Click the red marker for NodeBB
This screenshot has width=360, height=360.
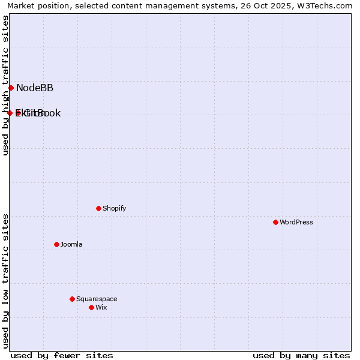click(x=11, y=88)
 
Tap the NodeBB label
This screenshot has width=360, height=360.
click(x=35, y=88)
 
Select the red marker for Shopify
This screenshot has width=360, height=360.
click(x=98, y=208)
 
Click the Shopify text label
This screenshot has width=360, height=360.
click(x=114, y=208)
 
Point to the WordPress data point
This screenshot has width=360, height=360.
click(x=275, y=222)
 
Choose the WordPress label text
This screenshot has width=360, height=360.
click(x=296, y=222)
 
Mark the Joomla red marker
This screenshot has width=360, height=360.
click(x=56, y=244)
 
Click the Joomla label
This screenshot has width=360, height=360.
click(x=71, y=244)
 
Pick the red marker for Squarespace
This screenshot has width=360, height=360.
click(x=72, y=299)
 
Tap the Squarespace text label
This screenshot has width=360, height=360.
click(x=97, y=299)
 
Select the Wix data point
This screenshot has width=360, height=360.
click(x=91, y=307)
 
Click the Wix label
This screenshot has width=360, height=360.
click(x=101, y=307)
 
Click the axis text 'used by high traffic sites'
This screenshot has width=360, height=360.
click(x=6, y=85)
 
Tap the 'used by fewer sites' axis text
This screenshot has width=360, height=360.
click(x=62, y=355)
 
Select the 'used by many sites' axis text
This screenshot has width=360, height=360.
click(x=301, y=355)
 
